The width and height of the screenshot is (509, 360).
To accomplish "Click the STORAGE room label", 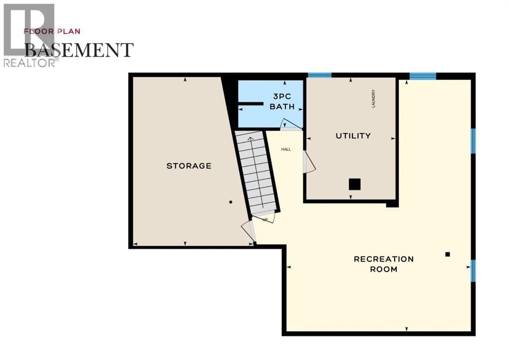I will (x=188, y=166).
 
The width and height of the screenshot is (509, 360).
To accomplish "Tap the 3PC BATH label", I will (x=282, y=101).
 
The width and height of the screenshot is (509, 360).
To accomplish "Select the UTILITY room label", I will (x=353, y=136).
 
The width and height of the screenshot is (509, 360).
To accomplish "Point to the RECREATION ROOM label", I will (x=383, y=264).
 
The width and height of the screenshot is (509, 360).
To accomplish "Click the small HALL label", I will (x=286, y=149).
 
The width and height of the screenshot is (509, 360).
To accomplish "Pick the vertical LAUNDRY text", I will (x=373, y=98).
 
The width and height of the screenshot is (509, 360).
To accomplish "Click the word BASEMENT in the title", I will (x=79, y=50).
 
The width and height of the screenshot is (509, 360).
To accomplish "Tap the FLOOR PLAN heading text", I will (x=52, y=31).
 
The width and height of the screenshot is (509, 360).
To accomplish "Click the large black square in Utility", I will (x=354, y=184).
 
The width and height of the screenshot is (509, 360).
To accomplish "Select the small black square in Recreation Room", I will (x=447, y=254).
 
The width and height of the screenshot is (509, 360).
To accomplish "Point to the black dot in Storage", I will (x=231, y=202).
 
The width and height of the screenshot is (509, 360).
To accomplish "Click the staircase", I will (x=256, y=172).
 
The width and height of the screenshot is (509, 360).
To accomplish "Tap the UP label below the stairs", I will (x=265, y=219).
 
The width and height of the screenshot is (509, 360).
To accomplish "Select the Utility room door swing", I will (x=309, y=163).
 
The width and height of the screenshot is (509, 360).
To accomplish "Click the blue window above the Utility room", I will (x=320, y=75).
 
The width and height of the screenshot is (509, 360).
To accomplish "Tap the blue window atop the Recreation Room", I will (x=423, y=76).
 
